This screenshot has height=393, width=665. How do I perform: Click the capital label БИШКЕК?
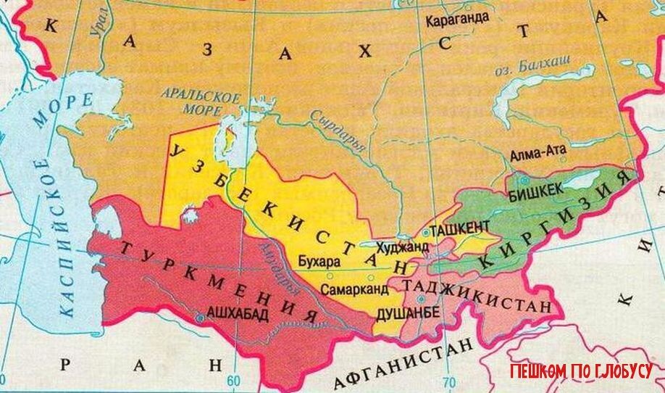coord(536,191)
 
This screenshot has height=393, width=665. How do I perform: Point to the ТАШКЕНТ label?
coord(460,228)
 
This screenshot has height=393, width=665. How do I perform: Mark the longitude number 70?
coord(449,382)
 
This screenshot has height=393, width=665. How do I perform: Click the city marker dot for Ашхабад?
coord(199,317)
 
